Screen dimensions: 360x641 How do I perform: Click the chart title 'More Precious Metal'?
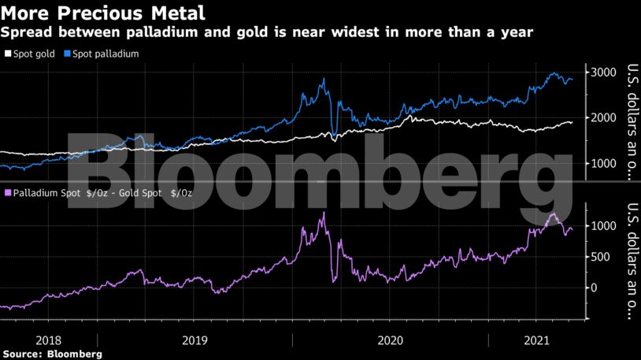pyautogui.click(x=104, y=13)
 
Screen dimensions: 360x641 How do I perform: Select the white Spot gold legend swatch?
pyautogui.click(x=8, y=54)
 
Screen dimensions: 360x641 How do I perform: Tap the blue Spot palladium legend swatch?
pyautogui.click(x=69, y=54)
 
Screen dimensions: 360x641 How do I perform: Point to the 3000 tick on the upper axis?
pyautogui.click(x=604, y=72)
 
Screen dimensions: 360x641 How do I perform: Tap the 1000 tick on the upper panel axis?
pyautogui.click(x=604, y=163)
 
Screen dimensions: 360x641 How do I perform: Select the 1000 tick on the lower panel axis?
pyautogui.click(x=604, y=225)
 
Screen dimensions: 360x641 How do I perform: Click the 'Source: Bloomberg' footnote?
pyautogui.click(x=52, y=354)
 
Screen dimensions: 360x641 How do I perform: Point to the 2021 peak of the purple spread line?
pyautogui.click(x=553, y=213)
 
